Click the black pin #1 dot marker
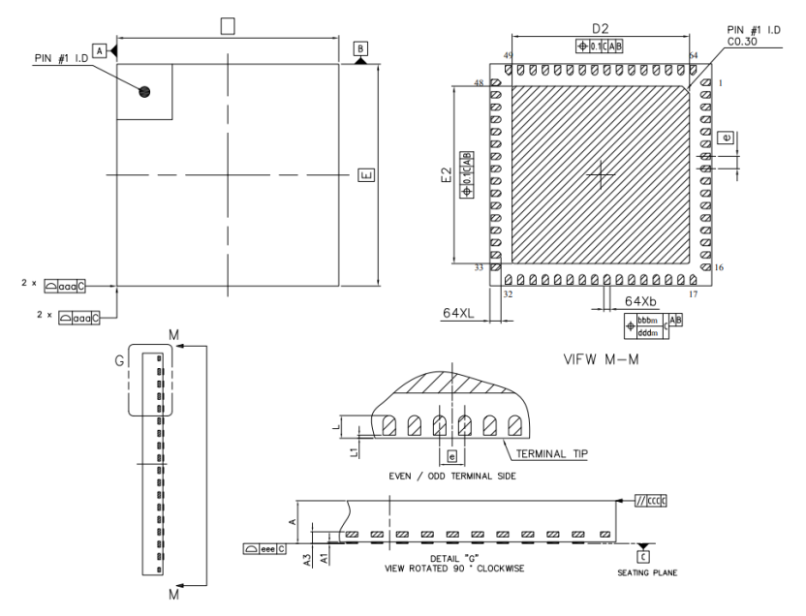(x=145, y=92)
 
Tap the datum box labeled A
(x=99, y=49)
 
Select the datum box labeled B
(x=360, y=47)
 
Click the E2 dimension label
(x=447, y=174)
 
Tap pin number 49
(x=508, y=56)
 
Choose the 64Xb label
(x=641, y=302)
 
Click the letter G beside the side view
(x=118, y=361)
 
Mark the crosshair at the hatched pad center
(x=602, y=174)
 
